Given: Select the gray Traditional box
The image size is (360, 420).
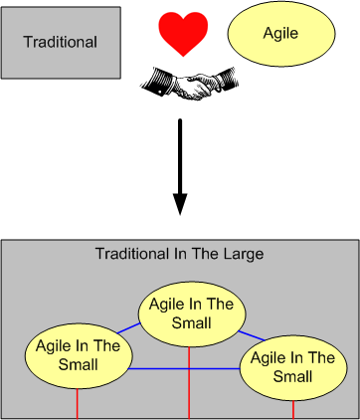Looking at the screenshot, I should (x=60, y=42).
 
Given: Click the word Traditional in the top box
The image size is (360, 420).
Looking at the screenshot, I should (x=60, y=42).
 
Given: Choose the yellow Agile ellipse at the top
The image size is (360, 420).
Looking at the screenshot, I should (x=280, y=34).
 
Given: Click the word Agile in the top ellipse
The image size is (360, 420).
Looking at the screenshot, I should (x=280, y=34).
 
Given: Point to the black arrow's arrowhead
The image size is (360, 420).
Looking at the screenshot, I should (x=180, y=203).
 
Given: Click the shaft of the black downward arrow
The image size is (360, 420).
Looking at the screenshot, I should (x=180, y=154).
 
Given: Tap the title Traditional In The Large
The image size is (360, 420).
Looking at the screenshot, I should (x=179, y=254).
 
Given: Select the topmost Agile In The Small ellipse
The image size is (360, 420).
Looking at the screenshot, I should (x=189, y=314).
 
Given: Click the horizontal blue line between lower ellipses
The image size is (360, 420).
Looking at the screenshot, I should (x=184, y=369).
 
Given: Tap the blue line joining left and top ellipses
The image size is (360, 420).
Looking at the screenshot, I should (x=126, y=326).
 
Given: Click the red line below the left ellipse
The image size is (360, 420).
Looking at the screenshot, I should (x=78, y=403).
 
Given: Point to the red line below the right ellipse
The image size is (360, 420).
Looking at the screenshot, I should (x=293, y=407).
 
